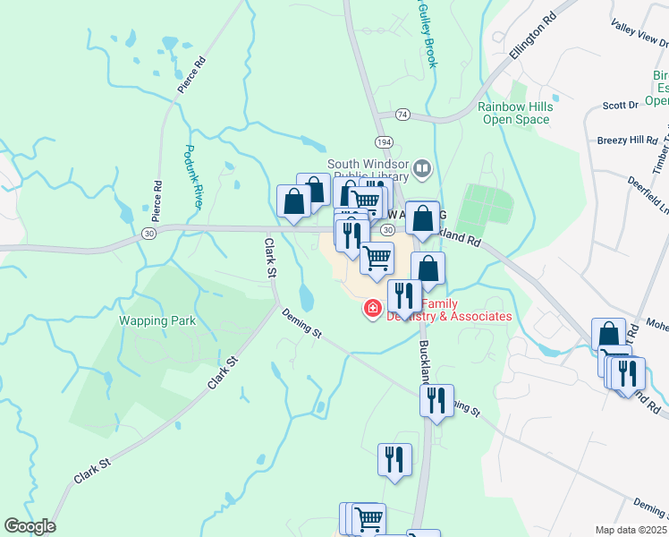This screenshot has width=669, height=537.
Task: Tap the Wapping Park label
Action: coord(158,320)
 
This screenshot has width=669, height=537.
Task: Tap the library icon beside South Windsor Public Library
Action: coord(423,166)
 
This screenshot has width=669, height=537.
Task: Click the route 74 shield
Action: coord(403,115)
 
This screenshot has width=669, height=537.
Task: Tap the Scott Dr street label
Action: coord(620,105)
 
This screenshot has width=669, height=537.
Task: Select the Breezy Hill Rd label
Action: coord(627,141)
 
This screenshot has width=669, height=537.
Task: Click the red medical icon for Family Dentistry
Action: coord(369,310)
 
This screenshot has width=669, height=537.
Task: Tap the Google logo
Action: coord(30,526)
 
